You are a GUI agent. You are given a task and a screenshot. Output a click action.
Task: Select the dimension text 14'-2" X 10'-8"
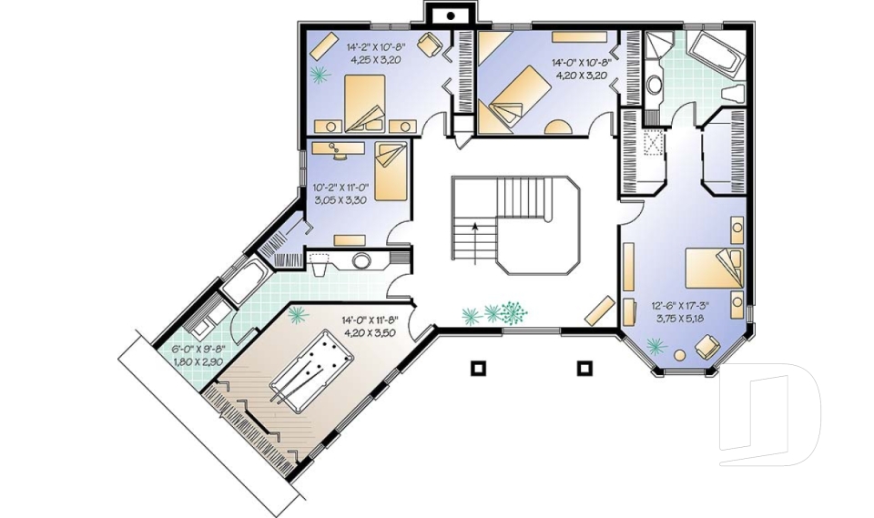click(374, 46)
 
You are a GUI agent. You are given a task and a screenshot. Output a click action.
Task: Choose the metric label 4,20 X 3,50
click(371, 333)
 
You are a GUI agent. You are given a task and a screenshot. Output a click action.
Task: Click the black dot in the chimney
click(450, 15)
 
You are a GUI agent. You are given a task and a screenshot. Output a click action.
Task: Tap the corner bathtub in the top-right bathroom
click(716, 53)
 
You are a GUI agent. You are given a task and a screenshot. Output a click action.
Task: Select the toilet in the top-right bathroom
click(734, 94)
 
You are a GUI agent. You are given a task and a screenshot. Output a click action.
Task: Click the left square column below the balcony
click(477, 368)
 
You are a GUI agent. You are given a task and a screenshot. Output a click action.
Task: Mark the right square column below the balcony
click(586, 368)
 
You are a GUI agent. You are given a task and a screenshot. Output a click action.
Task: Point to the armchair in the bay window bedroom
click(706, 347)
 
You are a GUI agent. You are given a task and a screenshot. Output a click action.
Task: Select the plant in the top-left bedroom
click(319, 73)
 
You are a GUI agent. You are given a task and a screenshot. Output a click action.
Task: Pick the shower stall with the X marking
click(652, 146)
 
